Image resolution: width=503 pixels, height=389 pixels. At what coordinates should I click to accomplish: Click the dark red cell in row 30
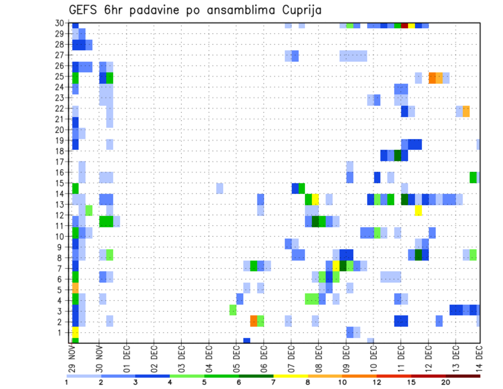coord(404,25)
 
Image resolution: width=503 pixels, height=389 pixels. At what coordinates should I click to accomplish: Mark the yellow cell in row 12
coord(418,210)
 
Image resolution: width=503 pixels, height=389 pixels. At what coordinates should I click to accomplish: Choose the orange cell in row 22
coord(466,111)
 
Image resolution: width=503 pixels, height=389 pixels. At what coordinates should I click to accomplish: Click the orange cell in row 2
coord(254,321)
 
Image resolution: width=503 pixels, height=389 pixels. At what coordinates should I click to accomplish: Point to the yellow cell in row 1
coord(75,332)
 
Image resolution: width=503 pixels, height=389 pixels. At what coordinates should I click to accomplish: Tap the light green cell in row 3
coord(233,310)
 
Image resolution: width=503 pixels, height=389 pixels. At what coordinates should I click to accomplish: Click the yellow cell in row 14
coord(315,199)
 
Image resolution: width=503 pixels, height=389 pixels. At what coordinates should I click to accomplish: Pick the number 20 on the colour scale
coord(446,382)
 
